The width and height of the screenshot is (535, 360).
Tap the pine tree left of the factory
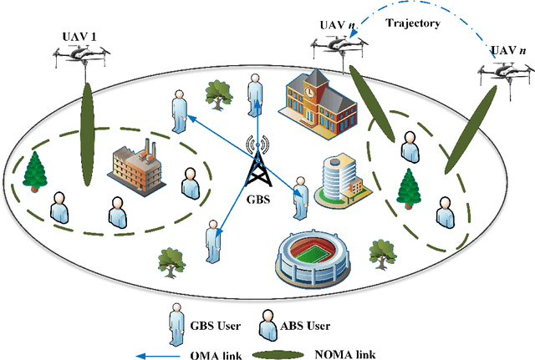(x=34, y=170)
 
